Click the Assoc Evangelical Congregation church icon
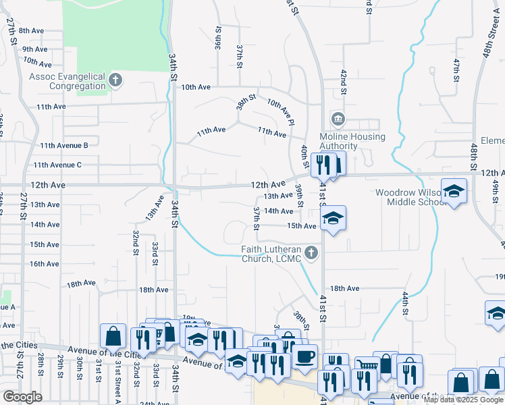[x=115, y=80]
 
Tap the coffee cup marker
[x=304, y=356]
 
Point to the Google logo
[x=22, y=397]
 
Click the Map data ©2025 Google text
[x=463, y=400]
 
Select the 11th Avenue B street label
[x=64, y=145]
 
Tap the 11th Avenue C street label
[x=57, y=165]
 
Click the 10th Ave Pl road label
[x=281, y=112]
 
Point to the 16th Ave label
[x=45, y=264]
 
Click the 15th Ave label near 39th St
[x=301, y=226]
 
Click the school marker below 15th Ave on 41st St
[x=332, y=219]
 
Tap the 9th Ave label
[x=34, y=49]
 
